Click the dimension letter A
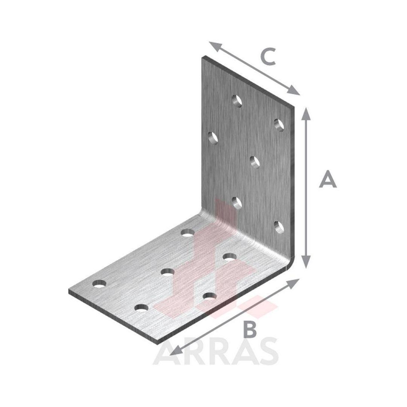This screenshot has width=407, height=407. click(328, 179)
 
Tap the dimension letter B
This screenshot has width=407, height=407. click(251, 329)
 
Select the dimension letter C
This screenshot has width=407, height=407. click(268, 56)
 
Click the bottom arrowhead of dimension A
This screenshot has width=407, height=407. click(306, 262)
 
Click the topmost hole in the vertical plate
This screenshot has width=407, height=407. click(237, 101)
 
